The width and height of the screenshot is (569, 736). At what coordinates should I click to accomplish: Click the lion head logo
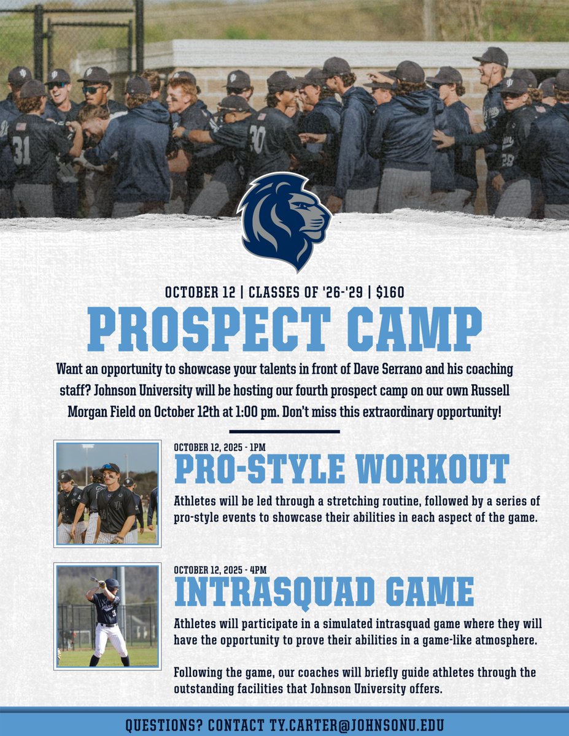coord(284,221)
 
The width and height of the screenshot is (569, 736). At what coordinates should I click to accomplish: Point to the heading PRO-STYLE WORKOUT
coord(342,469)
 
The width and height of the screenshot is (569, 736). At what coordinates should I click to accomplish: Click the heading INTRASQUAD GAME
coord(324,592)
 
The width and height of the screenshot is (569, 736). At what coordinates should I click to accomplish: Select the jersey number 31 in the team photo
coord(21,150)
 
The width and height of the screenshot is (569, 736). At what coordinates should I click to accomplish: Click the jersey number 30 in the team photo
coord(258,139)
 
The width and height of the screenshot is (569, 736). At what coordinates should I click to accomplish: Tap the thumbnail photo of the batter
coord(107,616)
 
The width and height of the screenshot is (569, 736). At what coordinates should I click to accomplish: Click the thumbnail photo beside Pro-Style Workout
coord(107,493)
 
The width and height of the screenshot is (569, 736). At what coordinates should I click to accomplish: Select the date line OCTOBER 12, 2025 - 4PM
coord(220,569)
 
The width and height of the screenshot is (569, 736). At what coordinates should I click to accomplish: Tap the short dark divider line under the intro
coord(284,431)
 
